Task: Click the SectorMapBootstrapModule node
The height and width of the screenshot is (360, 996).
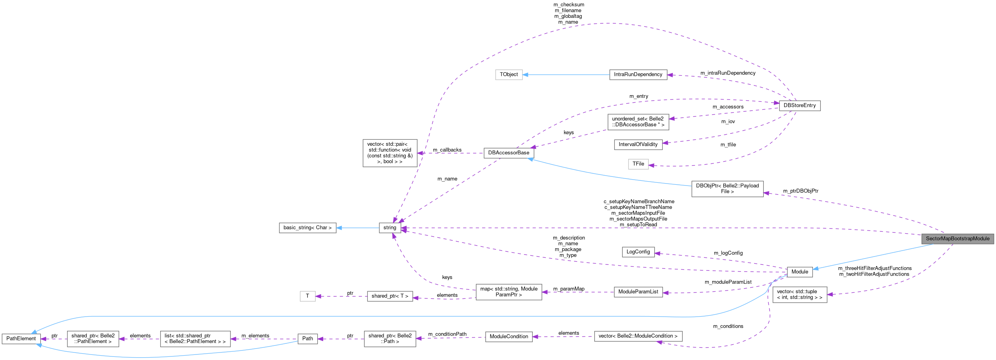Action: click(x=957, y=239)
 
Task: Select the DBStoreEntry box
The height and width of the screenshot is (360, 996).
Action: click(x=799, y=106)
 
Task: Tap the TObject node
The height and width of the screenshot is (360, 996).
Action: click(x=509, y=75)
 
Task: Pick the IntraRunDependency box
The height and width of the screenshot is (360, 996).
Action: click(x=638, y=75)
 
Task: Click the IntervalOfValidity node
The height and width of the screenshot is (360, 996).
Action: click(x=638, y=144)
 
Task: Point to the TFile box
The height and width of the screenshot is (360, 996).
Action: click(x=638, y=164)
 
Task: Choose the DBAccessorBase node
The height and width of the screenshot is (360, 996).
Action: click(x=509, y=153)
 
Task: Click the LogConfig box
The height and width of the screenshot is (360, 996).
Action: click(x=638, y=252)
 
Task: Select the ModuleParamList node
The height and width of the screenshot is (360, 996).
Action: click(x=638, y=292)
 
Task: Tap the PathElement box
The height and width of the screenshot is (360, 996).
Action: click(x=21, y=339)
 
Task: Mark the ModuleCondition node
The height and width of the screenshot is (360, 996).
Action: click(x=509, y=337)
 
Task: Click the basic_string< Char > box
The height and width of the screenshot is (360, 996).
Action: click(x=307, y=228)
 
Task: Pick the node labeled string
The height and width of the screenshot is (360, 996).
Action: click(x=389, y=228)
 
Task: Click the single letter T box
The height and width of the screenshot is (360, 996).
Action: click(x=307, y=296)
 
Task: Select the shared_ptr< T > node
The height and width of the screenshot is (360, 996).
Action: click(x=389, y=296)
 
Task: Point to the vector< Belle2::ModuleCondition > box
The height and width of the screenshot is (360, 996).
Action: click(x=638, y=336)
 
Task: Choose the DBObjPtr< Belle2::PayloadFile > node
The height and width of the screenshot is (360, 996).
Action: click(x=727, y=189)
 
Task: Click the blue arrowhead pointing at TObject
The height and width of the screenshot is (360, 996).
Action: click(x=526, y=75)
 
